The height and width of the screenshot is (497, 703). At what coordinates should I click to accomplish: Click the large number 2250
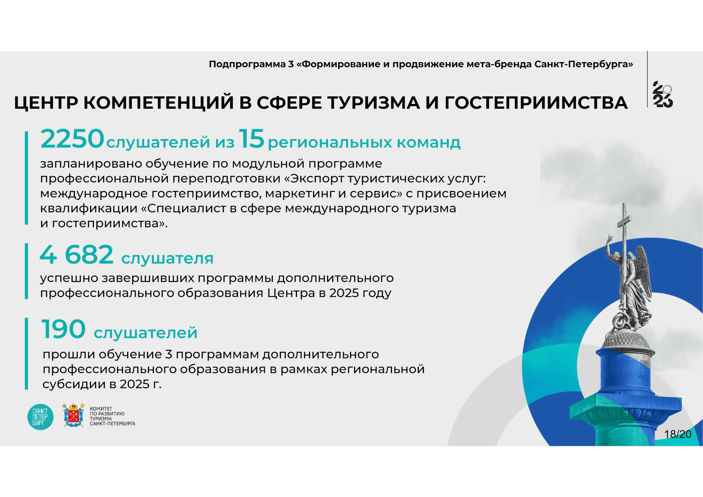(72, 139)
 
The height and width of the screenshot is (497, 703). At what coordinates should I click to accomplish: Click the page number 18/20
(678, 434)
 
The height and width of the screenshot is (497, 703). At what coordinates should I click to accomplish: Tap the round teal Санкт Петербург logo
(40, 417)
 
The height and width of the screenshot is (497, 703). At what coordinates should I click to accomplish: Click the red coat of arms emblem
(73, 415)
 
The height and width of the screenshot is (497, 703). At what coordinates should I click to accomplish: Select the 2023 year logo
(663, 94)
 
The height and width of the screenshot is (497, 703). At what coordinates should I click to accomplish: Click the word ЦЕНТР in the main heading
(46, 102)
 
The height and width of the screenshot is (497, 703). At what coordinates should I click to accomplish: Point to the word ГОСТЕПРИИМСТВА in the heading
(536, 102)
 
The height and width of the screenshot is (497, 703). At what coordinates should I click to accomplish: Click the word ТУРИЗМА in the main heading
(373, 102)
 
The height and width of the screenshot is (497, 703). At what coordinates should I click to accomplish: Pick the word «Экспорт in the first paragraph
(314, 178)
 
